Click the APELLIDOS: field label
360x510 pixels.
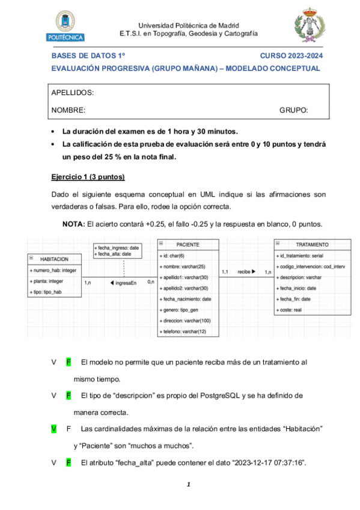pyautogui.click(x=72, y=93)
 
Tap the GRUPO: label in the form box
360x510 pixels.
pyautogui.click(x=293, y=111)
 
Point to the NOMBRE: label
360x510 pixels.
pyautogui.click(x=69, y=111)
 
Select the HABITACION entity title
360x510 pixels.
pyautogui.click(x=58, y=259)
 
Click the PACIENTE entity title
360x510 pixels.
pyautogui.click(x=188, y=245)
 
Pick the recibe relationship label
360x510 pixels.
pyautogui.click(x=245, y=272)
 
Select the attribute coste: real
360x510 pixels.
pyautogui.click(x=291, y=310)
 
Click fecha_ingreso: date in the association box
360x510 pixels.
pyautogui.click(x=117, y=247)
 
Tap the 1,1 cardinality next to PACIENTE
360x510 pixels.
pyautogui.click(x=225, y=272)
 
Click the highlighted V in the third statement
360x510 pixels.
pyautogui.click(x=54, y=429)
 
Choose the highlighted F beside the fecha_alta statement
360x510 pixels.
pyautogui.click(x=69, y=463)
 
